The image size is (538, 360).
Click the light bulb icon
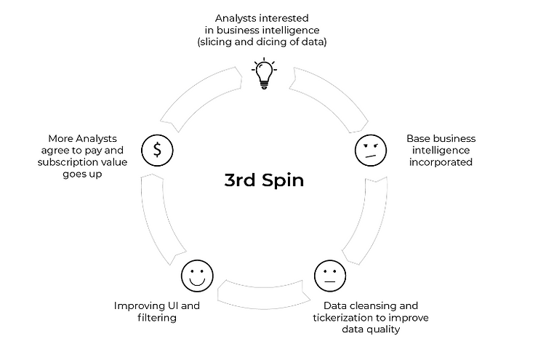[x=264, y=74]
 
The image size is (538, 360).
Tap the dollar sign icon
[x=158, y=150]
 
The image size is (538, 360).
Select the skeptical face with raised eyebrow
[x=369, y=150]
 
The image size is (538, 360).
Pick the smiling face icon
[x=195, y=276]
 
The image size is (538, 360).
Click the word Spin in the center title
[x=280, y=180]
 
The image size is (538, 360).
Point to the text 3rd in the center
[x=241, y=180]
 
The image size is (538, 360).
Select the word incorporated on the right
[x=440, y=161]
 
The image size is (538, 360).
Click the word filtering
[x=156, y=318]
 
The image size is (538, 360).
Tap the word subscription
[x=64, y=161]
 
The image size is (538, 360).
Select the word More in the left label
[x=60, y=137]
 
